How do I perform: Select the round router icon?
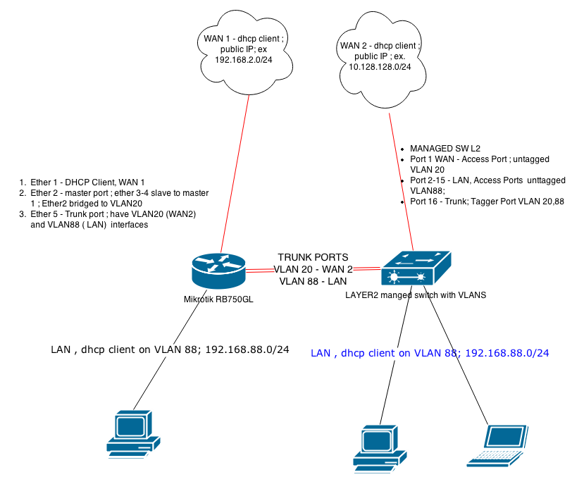[x=219, y=271]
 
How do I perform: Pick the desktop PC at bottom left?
[x=133, y=433]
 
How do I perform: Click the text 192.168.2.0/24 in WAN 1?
[x=244, y=61]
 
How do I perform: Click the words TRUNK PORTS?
[x=313, y=258]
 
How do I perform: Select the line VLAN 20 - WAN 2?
[x=313, y=269]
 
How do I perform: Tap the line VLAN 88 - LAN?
[x=313, y=280]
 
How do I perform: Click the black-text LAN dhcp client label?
[x=170, y=349]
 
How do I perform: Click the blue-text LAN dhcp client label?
[x=430, y=353]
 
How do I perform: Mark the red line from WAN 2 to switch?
[x=402, y=176]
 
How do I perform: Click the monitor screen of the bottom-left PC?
[x=131, y=425]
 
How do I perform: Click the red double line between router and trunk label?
[x=261, y=270]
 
